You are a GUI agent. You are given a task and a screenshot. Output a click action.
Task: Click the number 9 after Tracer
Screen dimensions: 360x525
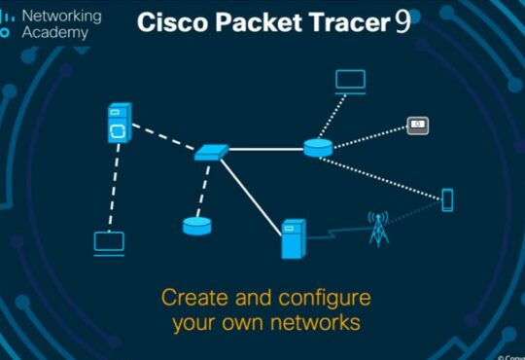coord(402,23)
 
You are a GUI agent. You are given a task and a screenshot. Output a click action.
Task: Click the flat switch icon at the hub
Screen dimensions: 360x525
coord(211,152)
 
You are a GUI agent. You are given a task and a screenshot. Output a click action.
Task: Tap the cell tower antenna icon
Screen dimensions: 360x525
coord(376,228)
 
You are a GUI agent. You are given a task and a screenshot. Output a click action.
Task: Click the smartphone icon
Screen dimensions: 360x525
coord(447,199)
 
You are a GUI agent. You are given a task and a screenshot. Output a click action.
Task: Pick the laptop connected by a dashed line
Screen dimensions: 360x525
coord(109,242)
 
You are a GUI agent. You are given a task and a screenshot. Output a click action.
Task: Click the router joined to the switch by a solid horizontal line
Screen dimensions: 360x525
coord(317,147)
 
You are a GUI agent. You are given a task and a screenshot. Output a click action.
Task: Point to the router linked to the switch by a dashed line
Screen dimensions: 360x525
coord(196,226)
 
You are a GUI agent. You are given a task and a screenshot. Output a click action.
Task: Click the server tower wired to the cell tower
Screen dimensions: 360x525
coord(293,238)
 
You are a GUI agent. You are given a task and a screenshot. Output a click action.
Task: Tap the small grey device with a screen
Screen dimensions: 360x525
coord(417,125)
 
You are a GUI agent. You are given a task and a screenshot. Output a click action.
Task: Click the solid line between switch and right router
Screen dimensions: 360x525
coord(265,149)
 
